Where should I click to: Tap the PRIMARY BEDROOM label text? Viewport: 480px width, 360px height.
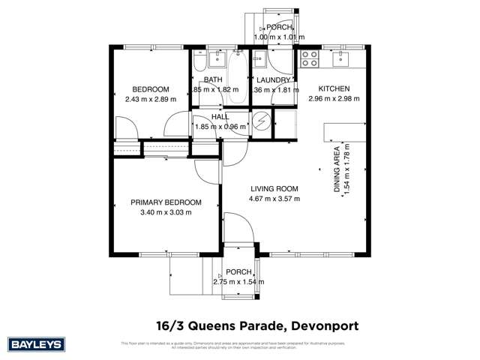[166, 202]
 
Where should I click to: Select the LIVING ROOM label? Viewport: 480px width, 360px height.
[274, 189]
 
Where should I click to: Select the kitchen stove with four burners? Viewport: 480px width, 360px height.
[310, 56]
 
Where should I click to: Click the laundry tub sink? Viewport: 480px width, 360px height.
[259, 58]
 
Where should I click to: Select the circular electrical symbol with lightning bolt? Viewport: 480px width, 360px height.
[260, 122]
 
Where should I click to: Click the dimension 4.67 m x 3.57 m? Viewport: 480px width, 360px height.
[274, 199]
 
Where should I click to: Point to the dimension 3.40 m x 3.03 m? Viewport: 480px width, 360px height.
[166, 212]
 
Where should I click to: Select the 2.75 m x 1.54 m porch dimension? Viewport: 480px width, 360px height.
[239, 282]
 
